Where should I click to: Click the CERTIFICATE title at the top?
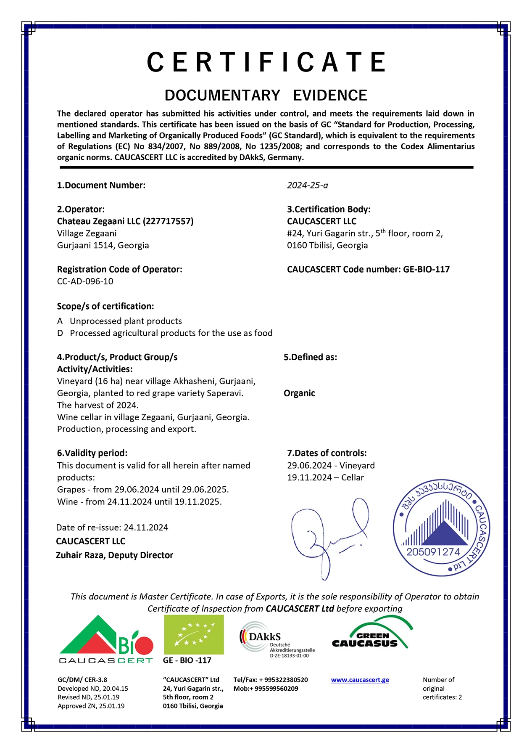(266, 62)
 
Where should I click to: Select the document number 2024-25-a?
(307, 186)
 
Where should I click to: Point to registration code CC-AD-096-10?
(85, 281)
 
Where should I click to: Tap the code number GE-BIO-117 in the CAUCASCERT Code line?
(426, 270)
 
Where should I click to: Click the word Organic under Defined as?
(299, 393)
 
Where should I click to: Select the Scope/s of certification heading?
(105, 306)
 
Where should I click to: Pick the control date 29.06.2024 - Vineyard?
(331, 466)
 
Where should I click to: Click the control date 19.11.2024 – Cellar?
(325, 478)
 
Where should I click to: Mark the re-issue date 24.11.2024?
(146, 528)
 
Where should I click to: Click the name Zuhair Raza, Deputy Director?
(114, 555)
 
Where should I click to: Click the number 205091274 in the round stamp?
(433, 552)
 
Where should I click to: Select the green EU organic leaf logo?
(193, 635)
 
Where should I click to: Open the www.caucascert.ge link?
(360, 680)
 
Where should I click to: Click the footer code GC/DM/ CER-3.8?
(82, 680)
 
